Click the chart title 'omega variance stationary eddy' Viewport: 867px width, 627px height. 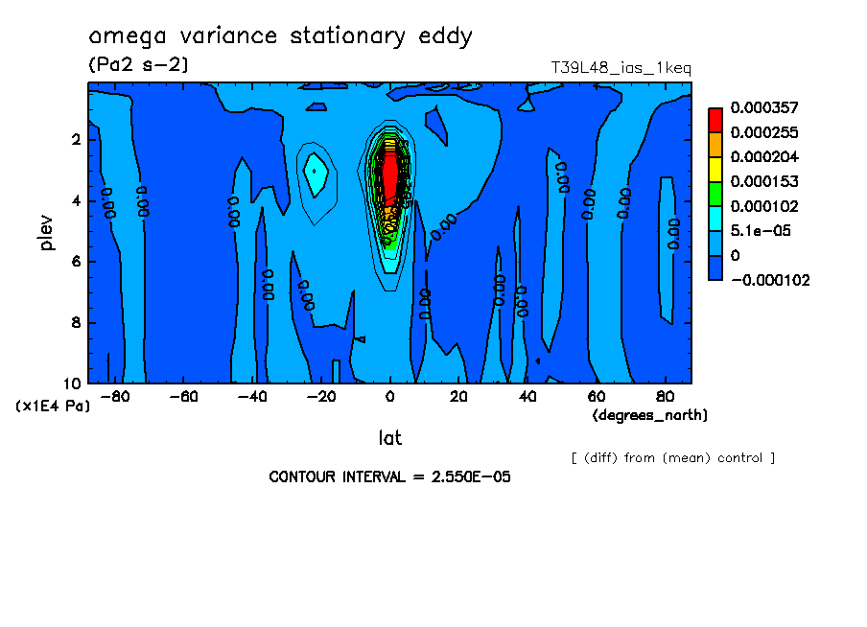pyautogui.click(x=280, y=37)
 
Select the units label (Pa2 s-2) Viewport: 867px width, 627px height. pyautogui.click(x=138, y=65)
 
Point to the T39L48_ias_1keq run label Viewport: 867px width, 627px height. pyautogui.click(x=621, y=68)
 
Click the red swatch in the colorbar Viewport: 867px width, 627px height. pyautogui.click(x=715, y=119)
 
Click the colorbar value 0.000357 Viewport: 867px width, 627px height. pyautogui.click(x=764, y=107)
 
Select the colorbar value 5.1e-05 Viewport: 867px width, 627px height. pyautogui.click(x=760, y=231)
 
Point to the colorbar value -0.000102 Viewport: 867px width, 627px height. pyautogui.click(x=770, y=281)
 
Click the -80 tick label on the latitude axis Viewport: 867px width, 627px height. pyautogui.click(x=115, y=397)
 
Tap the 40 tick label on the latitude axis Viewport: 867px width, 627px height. pyautogui.click(x=527, y=397)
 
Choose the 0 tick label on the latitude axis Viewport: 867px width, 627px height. pyautogui.click(x=390, y=397)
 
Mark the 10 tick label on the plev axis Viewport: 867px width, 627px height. pyautogui.click(x=73, y=383)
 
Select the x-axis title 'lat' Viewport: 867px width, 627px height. pyautogui.click(x=389, y=438)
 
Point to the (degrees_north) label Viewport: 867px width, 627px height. pyautogui.click(x=650, y=415)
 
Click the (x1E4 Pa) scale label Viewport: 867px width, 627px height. pyautogui.click(x=53, y=406)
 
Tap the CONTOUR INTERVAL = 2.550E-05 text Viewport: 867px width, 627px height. pyautogui.click(x=389, y=476)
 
